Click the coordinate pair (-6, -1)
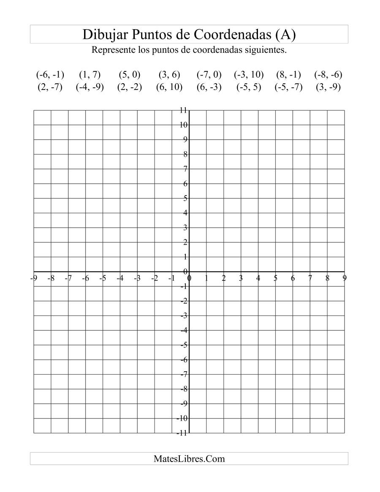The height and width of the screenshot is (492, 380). (50, 75)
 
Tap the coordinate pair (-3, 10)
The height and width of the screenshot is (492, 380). (249, 75)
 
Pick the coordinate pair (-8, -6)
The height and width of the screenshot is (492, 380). (328, 75)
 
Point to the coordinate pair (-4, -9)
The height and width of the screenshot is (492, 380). (90, 88)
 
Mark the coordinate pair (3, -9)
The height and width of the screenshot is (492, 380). (328, 88)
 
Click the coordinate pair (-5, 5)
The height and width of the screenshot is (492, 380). (249, 88)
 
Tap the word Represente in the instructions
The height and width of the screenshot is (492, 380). (112, 50)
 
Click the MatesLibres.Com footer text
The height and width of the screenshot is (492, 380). (189, 459)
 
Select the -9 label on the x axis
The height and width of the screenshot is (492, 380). (33, 278)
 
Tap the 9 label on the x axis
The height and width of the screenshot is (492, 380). (345, 278)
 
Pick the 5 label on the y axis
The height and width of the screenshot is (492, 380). (185, 198)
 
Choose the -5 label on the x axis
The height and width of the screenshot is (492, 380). (103, 278)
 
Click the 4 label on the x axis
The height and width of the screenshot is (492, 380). (258, 278)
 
